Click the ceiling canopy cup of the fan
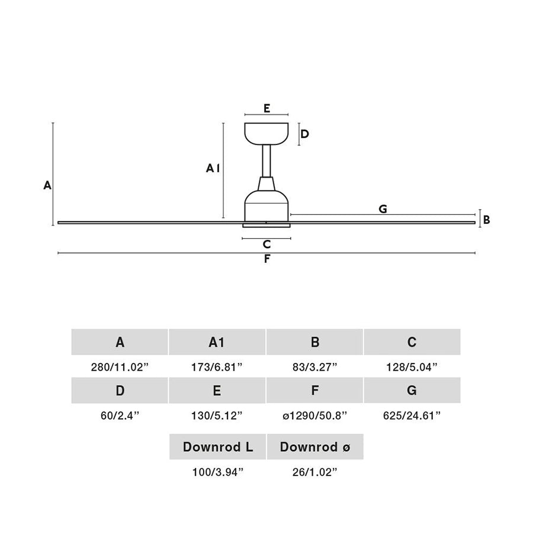[266, 133]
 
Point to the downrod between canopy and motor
[266, 160]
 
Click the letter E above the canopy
[267, 108]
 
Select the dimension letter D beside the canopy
[304, 134]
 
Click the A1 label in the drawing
[213, 168]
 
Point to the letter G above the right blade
[383, 208]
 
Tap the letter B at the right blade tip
[486, 220]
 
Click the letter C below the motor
[267, 244]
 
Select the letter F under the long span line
[267, 259]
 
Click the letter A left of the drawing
[47, 185]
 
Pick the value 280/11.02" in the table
[120, 367]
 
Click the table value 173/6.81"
[217, 367]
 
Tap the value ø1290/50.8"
[315, 415]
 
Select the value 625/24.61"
[412, 415]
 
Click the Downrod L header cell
[217, 447]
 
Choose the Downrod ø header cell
[315, 447]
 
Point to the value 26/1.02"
[315, 472]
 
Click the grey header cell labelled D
[120, 390]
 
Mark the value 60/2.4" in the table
[120, 415]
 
